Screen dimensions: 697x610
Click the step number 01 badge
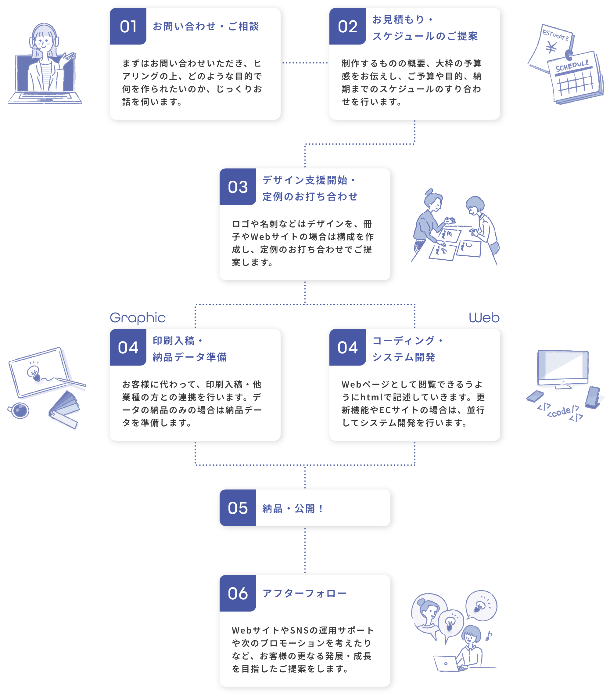(128, 27)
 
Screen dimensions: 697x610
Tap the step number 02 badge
(348, 27)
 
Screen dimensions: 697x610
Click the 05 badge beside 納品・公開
(238, 508)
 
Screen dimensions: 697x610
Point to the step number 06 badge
(238, 594)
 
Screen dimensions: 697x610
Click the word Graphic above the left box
(138, 318)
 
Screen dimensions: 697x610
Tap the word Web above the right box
(484, 318)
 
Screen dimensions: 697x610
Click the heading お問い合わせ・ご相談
(206, 27)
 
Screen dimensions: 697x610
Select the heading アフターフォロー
(304, 594)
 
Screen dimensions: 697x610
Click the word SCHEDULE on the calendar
(572, 66)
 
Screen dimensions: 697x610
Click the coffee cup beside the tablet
(20, 410)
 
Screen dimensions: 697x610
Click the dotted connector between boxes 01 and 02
(305, 63)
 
